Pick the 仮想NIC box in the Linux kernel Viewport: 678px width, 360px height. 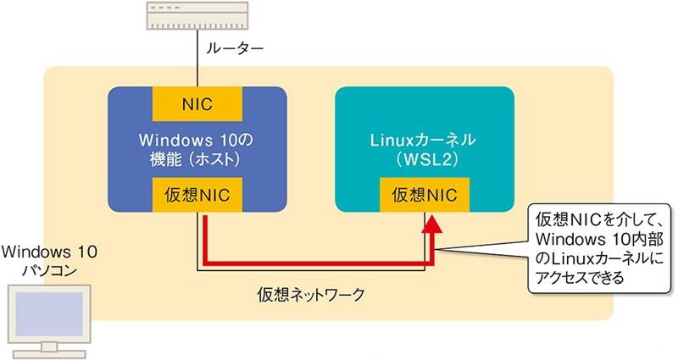[424, 196]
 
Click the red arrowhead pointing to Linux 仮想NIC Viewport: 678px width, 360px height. [432, 225]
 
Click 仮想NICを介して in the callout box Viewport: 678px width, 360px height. [592, 214]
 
